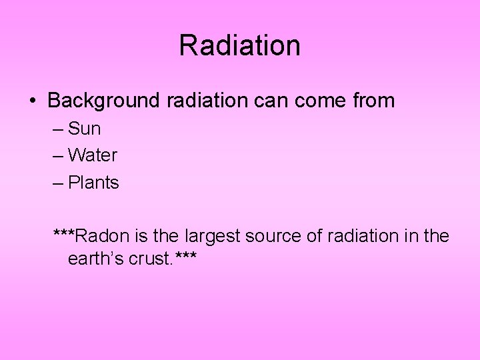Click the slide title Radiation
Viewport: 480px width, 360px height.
tap(240, 46)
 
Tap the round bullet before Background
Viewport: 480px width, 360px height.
tap(32, 101)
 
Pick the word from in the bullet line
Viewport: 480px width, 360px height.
tap(372, 101)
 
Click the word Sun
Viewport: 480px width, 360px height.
tap(84, 129)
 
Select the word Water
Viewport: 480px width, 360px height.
tap(93, 155)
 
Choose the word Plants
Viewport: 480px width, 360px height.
tap(93, 183)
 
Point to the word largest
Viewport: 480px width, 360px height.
tap(209, 236)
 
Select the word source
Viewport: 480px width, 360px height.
tap(269, 236)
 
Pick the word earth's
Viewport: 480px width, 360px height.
tap(95, 259)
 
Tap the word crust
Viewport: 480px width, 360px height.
tap(149, 259)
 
